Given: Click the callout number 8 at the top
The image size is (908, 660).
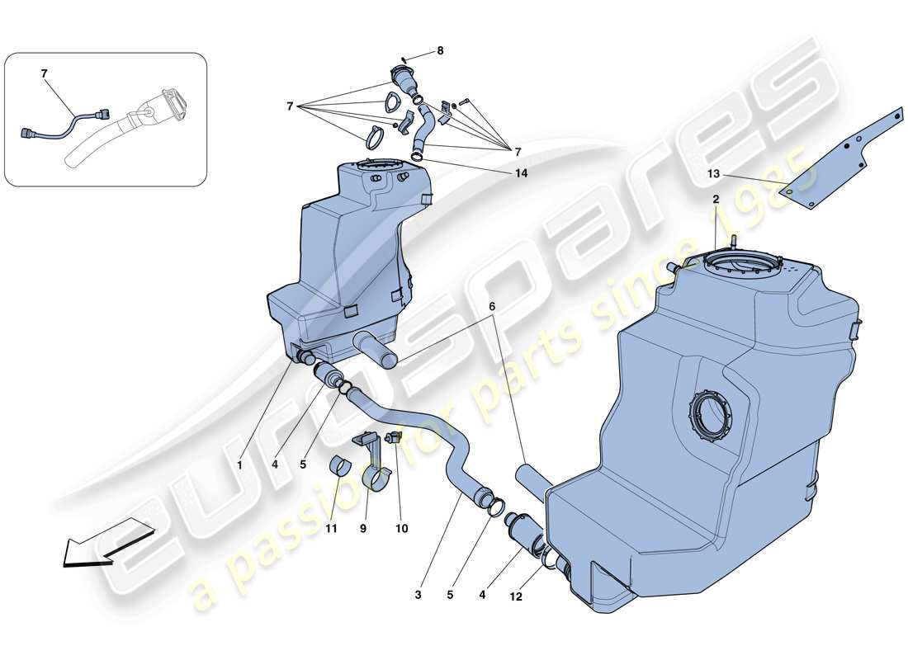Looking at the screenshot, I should tap(440, 50).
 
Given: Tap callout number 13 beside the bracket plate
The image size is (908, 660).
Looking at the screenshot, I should tap(714, 174).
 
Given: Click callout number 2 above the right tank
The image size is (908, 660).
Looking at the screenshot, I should tap(716, 200).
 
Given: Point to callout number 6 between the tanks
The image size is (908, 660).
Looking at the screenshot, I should tap(492, 306).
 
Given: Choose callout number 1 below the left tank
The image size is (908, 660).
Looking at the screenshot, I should tap(239, 465).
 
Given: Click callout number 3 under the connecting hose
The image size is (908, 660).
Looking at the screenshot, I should tap(419, 593).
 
